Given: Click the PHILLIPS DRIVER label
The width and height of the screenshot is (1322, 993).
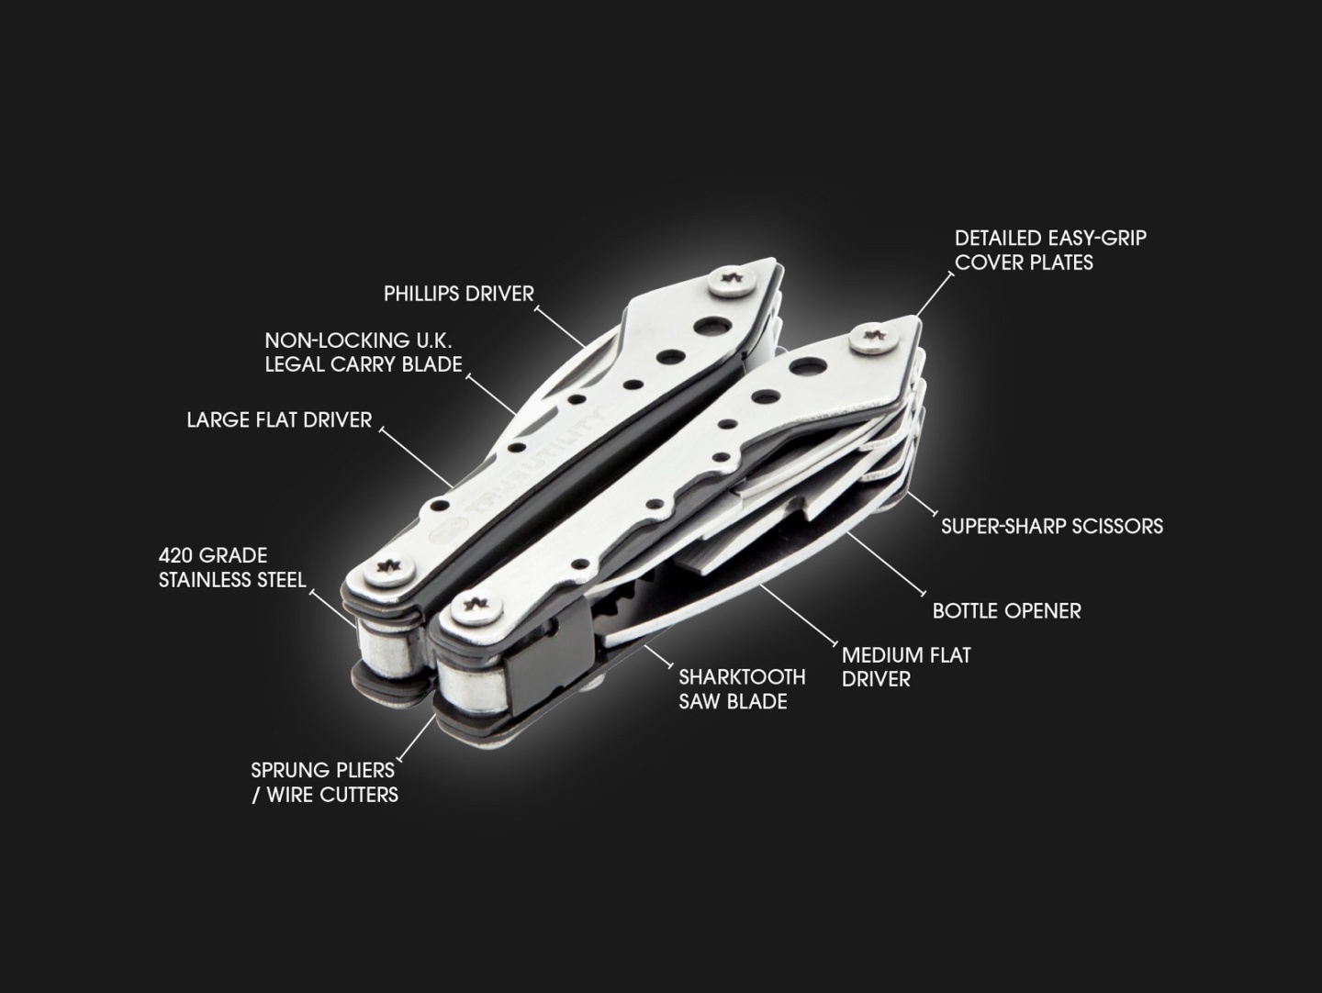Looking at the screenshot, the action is click(x=459, y=294).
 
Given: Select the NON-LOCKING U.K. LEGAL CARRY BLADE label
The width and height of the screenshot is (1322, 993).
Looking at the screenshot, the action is click(x=364, y=352).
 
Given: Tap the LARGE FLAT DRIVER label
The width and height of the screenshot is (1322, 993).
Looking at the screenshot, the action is click(x=279, y=420).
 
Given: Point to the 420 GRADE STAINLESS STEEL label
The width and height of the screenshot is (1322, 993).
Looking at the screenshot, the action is click(x=232, y=567).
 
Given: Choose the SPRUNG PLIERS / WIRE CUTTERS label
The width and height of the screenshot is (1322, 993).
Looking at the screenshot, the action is click(x=325, y=782).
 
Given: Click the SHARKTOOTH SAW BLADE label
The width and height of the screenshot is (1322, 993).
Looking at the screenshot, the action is click(x=742, y=689).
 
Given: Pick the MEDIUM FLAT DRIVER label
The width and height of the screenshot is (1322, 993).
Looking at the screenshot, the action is click(x=906, y=667).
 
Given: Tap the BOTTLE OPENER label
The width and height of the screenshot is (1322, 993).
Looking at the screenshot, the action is click(x=1007, y=611).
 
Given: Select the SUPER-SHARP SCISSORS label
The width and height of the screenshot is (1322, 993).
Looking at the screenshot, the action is click(x=1052, y=527).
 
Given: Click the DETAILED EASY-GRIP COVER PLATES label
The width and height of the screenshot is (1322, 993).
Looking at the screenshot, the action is click(x=1050, y=251).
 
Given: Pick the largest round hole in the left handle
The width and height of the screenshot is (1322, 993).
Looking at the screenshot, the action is click(x=711, y=326).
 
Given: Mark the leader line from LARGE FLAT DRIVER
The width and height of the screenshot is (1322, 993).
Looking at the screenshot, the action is click(x=416, y=458).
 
